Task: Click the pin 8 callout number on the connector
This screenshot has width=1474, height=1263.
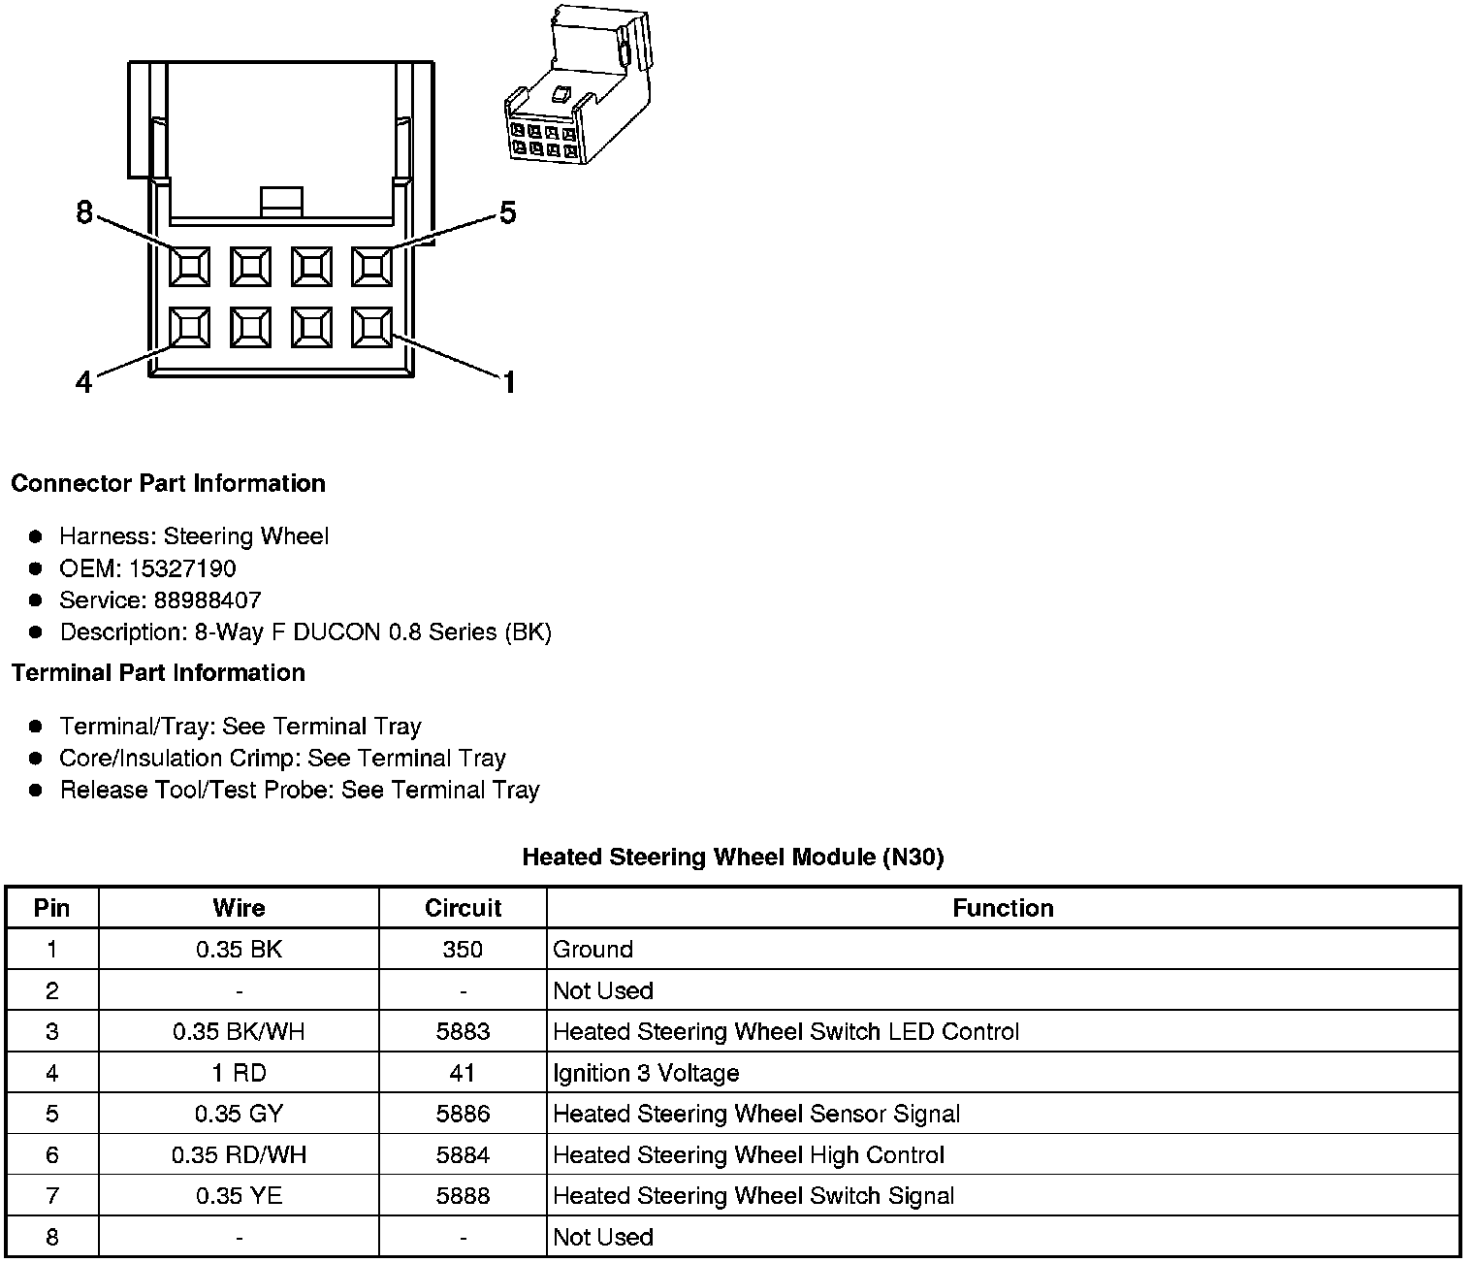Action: point(84,212)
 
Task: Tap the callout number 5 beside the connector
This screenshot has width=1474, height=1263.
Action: point(507,212)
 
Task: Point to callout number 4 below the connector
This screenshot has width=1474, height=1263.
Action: point(84,383)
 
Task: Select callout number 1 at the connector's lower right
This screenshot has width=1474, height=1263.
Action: point(508,383)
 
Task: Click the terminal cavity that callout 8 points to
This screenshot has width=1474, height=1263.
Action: point(189,266)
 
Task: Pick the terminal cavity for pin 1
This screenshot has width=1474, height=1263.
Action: point(371,327)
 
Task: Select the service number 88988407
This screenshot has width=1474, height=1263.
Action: point(207,600)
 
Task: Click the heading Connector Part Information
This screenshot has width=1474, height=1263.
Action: point(168,483)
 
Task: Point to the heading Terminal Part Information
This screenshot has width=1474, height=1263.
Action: point(158,672)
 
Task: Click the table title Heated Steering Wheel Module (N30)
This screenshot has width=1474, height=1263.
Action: point(732,857)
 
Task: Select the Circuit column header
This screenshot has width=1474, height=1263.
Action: point(463,908)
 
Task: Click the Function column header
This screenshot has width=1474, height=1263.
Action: point(1003,908)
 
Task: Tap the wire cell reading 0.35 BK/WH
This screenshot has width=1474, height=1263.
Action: point(239,1031)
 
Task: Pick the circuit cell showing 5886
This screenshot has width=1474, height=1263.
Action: point(463,1114)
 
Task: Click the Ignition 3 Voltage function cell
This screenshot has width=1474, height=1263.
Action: point(646,1073)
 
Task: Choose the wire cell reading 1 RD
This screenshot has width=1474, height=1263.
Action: point(239,1073)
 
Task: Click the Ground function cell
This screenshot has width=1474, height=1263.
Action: point(593,949)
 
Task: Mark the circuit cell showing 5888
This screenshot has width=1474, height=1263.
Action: point(463,1196)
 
